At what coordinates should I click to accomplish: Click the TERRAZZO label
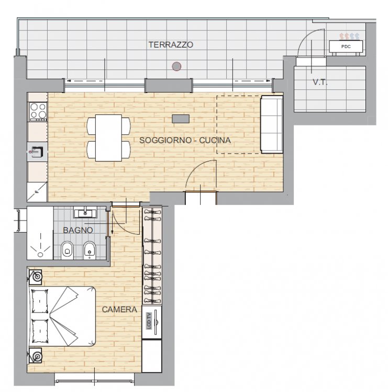[x=171, y=45]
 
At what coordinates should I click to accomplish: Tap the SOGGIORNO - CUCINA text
[x=185, y=140]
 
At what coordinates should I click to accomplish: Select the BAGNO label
[x=78, y=230]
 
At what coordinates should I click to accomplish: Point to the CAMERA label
[x=119, y=309]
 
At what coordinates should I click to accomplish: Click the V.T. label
[x=320, y=82]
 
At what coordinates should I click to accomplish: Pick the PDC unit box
[x=346, y=47]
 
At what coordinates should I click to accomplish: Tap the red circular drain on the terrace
[x=176, y=66]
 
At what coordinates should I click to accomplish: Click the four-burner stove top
[x=38, y=111]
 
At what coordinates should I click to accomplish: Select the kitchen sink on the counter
[x=37, y=152]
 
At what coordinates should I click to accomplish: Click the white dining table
[x=109, y=138]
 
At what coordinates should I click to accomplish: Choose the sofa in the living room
[x=272, y=124]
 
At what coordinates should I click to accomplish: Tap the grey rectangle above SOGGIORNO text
[x=181, y=119]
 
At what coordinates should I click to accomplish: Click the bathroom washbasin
[x=85, y=212]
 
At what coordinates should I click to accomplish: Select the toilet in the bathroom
[x=67, y=250]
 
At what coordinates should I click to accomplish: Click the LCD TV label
[x=149, y=321]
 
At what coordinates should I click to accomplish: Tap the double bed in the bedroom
[x=63, y=316]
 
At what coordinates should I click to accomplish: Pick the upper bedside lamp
[x=36, y=277]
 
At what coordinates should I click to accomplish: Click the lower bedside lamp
[x=36, y=355]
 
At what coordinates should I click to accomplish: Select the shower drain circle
[x=40, y=255]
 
